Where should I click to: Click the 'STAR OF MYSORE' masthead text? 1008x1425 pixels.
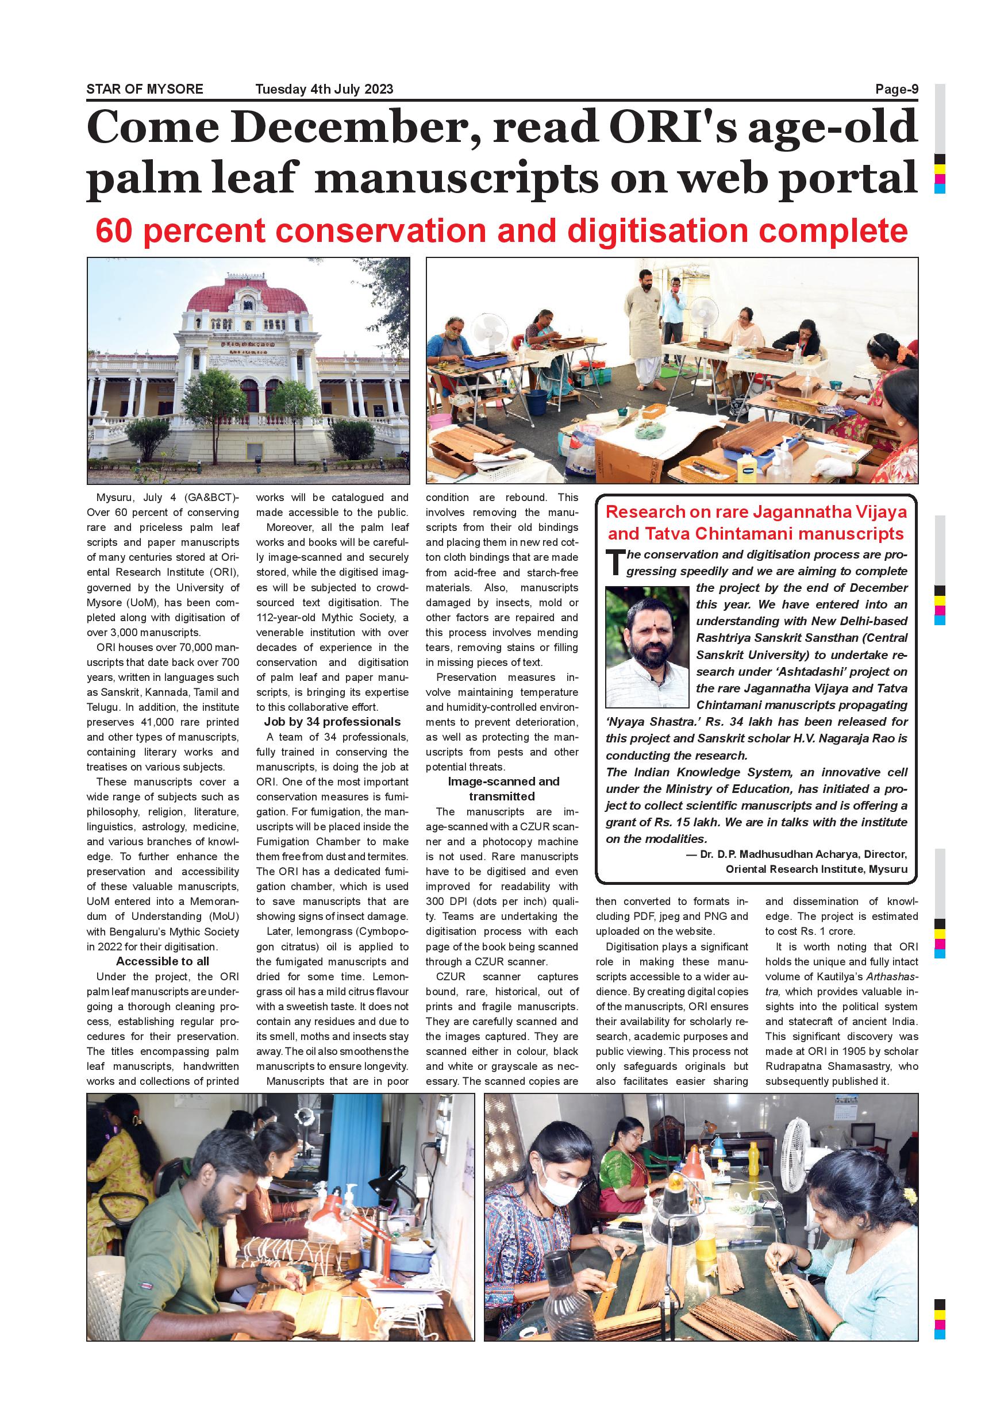click(145, 88)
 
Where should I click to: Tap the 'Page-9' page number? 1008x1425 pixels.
click(897, 88)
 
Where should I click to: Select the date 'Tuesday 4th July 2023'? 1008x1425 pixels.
click(324, 88)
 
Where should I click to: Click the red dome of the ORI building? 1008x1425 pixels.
click(248, 296)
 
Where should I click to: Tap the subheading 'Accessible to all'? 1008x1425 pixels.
click(163, 961)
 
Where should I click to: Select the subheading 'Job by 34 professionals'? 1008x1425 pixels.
click(332, 722)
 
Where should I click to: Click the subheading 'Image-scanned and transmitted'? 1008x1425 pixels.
click(503, 789)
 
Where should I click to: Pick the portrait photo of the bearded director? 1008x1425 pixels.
click(647, 646)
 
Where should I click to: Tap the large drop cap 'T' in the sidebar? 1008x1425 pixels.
click(615, 563)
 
